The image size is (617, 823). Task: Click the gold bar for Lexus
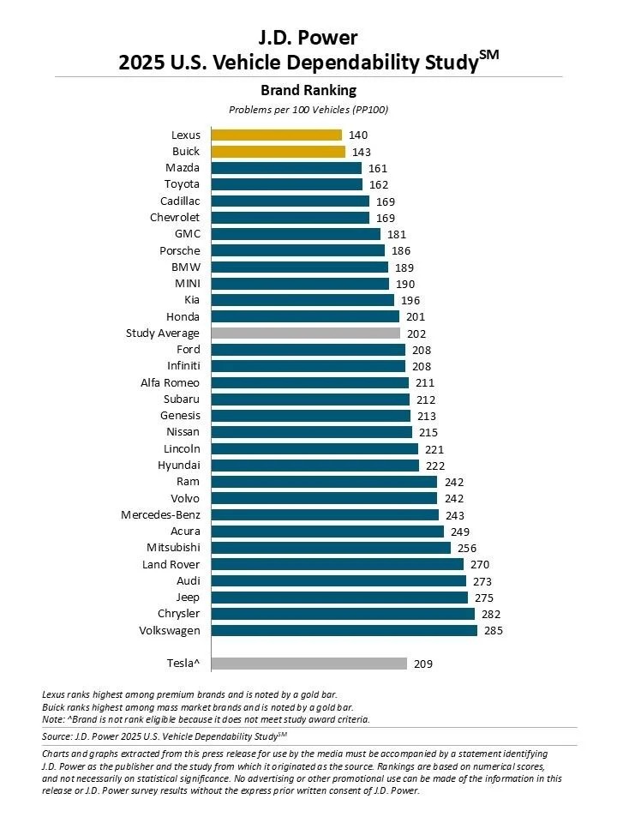276,135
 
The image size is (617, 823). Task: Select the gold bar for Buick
278,152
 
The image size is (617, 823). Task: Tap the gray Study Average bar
305,333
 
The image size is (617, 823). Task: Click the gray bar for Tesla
308,663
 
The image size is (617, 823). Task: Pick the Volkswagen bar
344,630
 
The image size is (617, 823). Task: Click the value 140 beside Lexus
358,135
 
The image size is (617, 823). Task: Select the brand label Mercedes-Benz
160,514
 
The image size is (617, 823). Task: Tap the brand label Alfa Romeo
170,382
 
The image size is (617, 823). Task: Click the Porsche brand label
179,250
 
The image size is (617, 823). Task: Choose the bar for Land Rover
337,564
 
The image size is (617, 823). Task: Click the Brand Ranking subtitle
308,90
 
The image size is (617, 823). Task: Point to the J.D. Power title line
308,37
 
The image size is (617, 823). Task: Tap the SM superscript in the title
488,54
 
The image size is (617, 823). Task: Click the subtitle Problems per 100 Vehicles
308,110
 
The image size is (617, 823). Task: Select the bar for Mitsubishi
331,548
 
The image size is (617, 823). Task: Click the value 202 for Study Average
417,333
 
